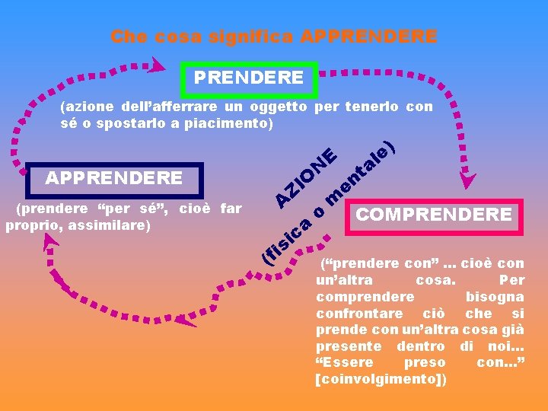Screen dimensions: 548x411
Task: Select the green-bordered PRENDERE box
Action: click(249, 78)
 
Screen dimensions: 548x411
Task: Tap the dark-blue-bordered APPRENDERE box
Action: click(114, 178)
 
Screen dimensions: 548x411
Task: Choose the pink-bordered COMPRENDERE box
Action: click(434, 215)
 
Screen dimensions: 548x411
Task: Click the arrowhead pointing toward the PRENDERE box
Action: click(156, 65)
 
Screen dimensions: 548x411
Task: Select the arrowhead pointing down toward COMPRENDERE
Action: click(468, 181)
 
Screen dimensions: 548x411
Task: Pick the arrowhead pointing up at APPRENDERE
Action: click(50, 243)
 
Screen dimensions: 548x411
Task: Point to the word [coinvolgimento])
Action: click(381, 379)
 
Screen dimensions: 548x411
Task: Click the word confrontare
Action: click(355, 313)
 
